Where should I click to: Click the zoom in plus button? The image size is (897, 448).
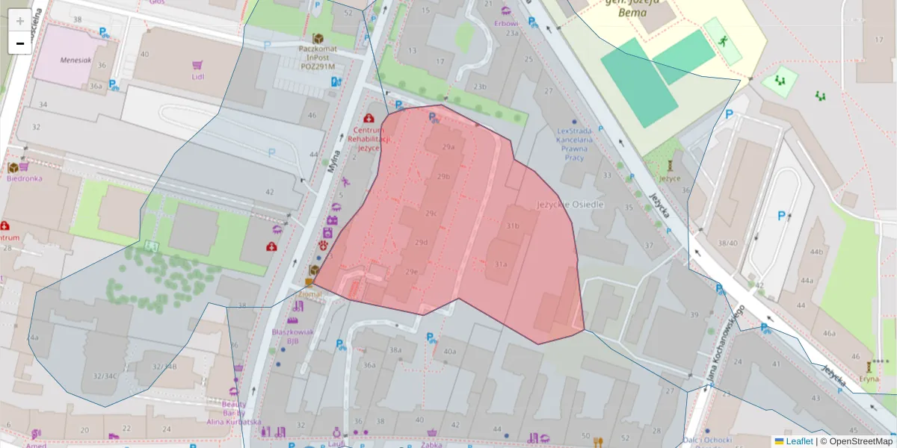(x=20, y=21)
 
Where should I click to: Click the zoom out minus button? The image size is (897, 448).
(x=20, y=43)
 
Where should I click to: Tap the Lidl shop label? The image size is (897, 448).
(x=197, y=76)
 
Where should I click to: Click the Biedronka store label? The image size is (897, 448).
(x=24, y=178)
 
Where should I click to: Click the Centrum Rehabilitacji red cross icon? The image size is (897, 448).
(x=369, y=118)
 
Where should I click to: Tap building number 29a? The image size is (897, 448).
(x=448, y=148)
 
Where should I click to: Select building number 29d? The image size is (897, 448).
(x=422, y=242)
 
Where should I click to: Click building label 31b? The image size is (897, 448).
(x=512, y=225)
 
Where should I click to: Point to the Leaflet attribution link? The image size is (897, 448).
(x=799, y=441)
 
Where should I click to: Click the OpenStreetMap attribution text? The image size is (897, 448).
(x=857, y=441)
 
